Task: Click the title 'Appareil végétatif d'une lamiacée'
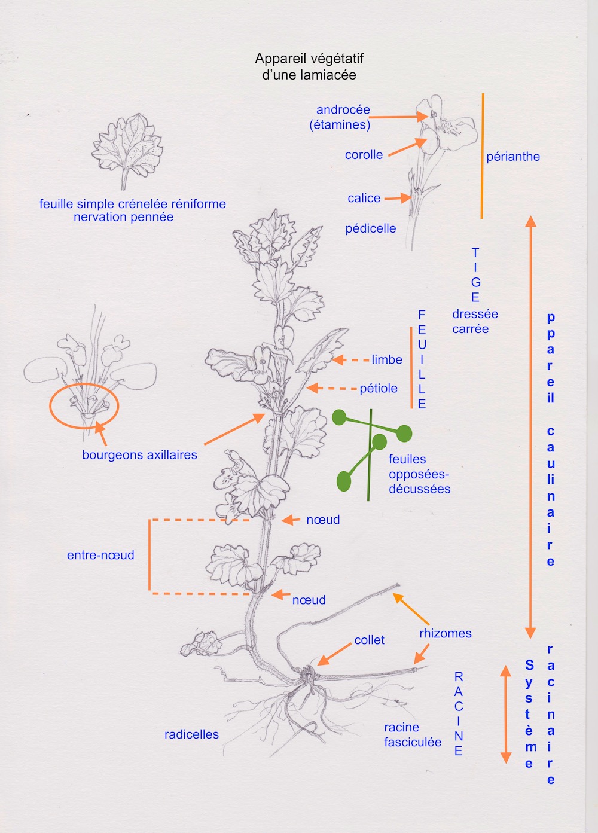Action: [x=309, y=66]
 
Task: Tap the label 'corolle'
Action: [x=364, y=155]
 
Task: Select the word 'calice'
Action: [x=364, y=198]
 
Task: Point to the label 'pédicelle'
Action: [x=370, y=228]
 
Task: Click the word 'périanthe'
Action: [x=512, y=157]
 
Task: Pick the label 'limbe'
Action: [x=386, y=359]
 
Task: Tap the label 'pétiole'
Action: [x=378, y=389]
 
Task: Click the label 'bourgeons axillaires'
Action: [x=139, y=455]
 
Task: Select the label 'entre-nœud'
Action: [x=100, y=555]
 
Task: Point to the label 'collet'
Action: [x=369, y=640]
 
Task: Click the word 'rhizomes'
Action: [x=445, y=633]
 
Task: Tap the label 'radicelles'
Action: [x=191, y=734]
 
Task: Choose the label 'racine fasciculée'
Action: [x=412, y=735]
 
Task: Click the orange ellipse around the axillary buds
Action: [x=84, y=406]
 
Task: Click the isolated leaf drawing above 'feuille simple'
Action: [x=127, y=147]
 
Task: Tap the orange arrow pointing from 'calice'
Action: [x=396, y=198]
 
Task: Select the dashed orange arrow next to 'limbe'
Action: [x=351, y=360]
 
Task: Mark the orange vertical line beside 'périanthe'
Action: [x=482, y=155]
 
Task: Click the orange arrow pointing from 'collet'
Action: [x=334, y=654]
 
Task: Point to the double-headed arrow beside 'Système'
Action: [x=505, y=714]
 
